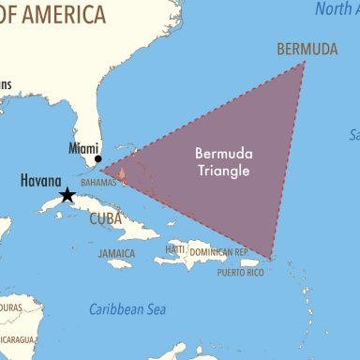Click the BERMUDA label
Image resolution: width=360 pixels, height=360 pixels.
(x=307, y=49)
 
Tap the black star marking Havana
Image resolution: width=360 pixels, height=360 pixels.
(x=67, y=195)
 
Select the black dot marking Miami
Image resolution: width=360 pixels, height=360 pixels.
(x=97, y=158)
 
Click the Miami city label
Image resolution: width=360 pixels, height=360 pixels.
(x=83, y=147)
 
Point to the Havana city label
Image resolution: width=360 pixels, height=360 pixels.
(x=40, y=180)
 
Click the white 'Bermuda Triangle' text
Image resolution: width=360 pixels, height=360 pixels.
(x=222, y=161)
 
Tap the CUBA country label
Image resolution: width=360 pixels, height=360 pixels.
(x=106, y=218)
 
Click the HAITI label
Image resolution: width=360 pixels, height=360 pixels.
(x=175, y=249)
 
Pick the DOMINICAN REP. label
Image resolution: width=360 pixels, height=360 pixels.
(x=218, y=252)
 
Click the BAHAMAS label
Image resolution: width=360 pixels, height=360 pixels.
(x=97, y=183)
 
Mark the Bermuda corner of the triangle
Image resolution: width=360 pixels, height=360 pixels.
(x=305, y=63)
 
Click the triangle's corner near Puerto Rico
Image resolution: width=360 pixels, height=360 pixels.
(x=271, y=259)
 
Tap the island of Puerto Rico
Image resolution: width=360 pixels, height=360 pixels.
(x=249, y=262)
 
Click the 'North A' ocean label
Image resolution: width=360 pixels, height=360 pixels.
(x=337, y=9)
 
